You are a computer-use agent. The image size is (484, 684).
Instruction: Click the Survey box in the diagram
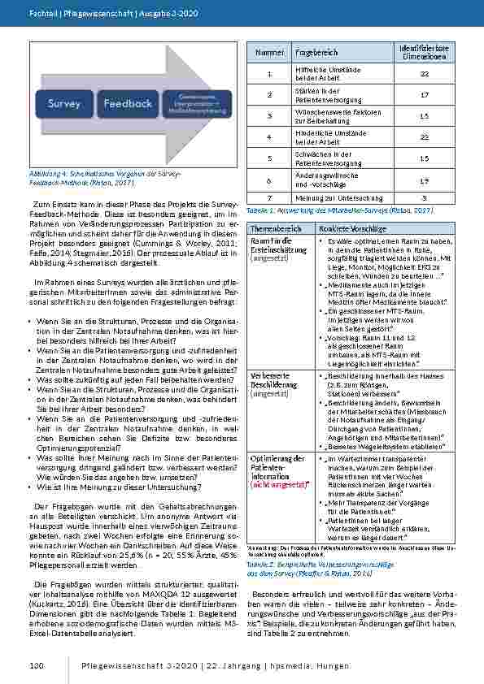click(x=64, y=104)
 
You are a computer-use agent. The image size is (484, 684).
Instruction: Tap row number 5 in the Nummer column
click(x=271, y=158)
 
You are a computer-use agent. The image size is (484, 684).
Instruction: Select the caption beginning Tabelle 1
click(x=334, y=210)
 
